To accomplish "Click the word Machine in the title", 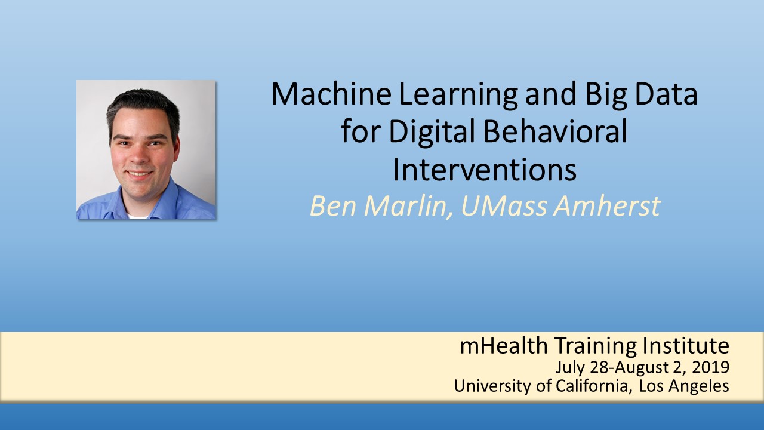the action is (x=331, y=94).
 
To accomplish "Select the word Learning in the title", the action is (x=458, y=96).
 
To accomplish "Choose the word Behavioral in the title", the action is (x=555, y=131).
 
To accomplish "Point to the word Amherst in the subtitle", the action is (x=607, y=206).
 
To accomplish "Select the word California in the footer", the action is (x=592, y=386).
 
